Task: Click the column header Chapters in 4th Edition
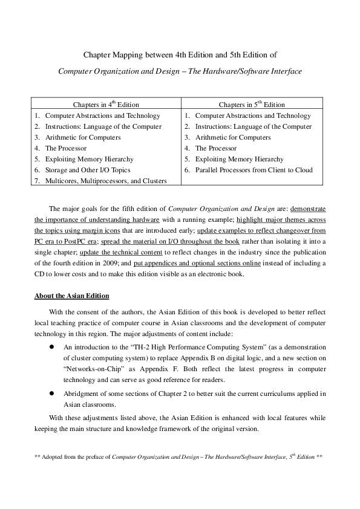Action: [x=106, y=105]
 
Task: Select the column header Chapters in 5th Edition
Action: [x=252, y=105]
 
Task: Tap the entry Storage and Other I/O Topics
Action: [x=88, y=170]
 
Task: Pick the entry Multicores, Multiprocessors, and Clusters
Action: [x=106, y=181]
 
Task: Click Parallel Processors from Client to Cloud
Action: [x=254, y=170]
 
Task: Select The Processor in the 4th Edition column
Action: [x=66, y=148]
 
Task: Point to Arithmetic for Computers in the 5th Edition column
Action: [x=233, y=137]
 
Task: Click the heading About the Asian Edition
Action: [x=71, y=296]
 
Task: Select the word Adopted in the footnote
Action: [x=54, y=457]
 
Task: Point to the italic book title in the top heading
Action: [x=180, y=71]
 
